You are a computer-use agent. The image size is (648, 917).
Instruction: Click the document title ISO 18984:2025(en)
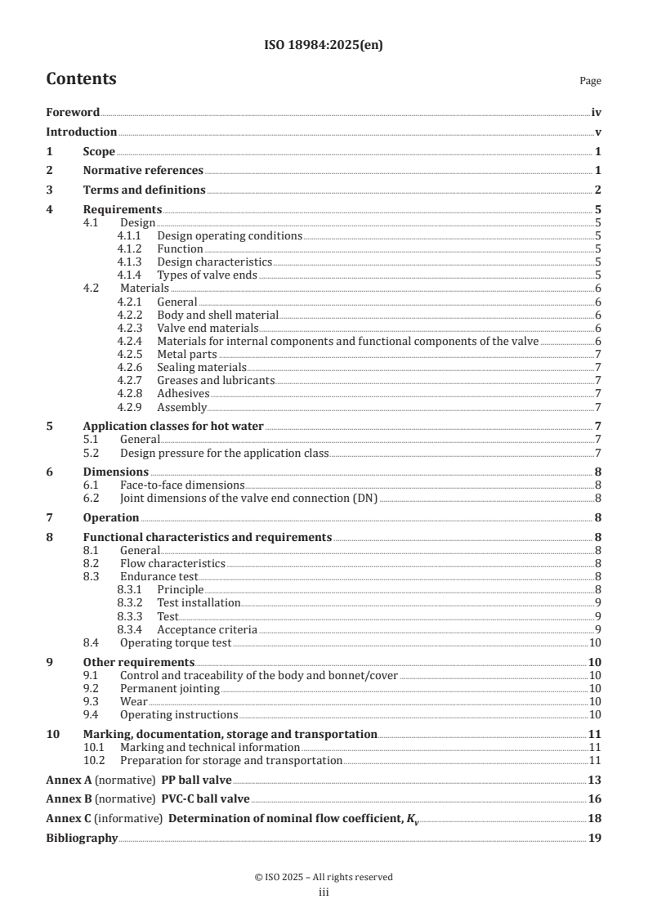(x=324, y=46)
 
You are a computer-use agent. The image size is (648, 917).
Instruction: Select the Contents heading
(x=81, y=79)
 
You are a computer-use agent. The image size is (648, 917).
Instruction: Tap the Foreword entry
(x=73, y=113)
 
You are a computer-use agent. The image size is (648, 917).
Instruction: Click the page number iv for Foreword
(x=597, y=113)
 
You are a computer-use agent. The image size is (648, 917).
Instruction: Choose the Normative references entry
(x=143, y=170)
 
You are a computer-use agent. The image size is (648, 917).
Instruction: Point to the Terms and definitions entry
(x=144, y=190)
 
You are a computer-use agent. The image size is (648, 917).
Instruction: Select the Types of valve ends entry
(x=207, y=275)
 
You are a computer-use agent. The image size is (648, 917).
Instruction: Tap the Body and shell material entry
(x=217, y=315)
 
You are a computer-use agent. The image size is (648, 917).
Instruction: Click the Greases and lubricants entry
(x=216, y=380)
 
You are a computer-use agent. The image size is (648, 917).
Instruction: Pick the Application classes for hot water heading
(x=173, y=427)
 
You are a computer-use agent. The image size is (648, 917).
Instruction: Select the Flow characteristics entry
(x=172, y=563)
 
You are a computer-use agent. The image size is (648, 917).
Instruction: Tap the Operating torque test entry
(x=176, y=643)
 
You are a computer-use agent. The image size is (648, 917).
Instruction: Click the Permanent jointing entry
(x=169, y=688)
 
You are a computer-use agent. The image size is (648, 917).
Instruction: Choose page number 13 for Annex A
(x=596, y=780)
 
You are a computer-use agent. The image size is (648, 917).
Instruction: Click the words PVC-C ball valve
(x=212, y=799)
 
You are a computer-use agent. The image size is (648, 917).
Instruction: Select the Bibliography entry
(x=82, y=839)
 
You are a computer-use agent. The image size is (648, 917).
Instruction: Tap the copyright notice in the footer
(x=324, y=877)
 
